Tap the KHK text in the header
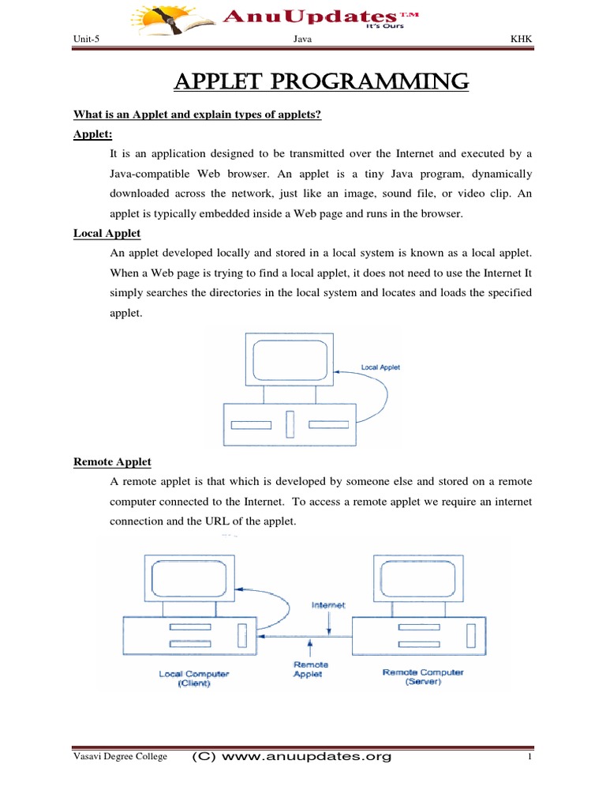522,40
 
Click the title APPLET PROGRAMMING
321,81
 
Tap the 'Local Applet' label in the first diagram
380,367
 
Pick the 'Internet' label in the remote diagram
329,605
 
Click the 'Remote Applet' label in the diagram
310,669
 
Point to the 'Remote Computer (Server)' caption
423,677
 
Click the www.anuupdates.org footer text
292,757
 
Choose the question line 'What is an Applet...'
197,115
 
